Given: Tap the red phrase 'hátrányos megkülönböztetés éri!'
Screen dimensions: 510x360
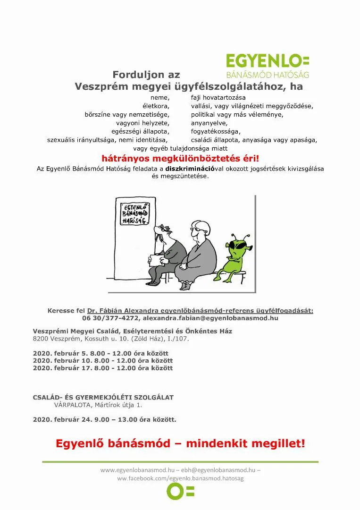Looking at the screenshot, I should click(180, 159).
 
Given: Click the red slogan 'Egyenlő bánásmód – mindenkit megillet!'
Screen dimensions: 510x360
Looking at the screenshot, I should click(180, 443).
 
